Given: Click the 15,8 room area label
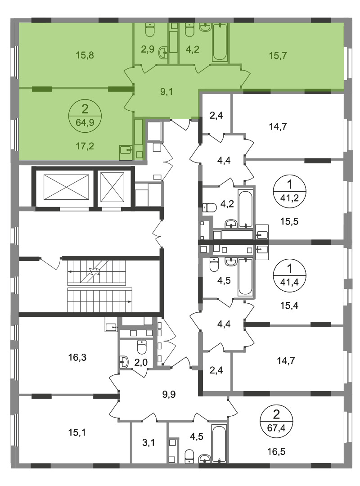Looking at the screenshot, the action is [x=85, y=55].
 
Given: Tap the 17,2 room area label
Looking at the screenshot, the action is [x=85, y=146].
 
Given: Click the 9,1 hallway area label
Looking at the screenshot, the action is [x=166, y=92].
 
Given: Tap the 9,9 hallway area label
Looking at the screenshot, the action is [x=169, y=394].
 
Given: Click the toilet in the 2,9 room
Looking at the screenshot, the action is [x=150, y=29].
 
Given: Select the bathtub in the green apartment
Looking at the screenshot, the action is [x=220, y=42].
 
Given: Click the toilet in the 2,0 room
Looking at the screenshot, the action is [x=141, y=347].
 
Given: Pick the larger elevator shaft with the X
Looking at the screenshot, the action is [x=66, y=187].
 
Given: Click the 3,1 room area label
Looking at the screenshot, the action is [x=148, y=443].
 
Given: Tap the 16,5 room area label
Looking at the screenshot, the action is [x=276, y=452].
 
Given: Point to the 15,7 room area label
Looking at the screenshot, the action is [x=278, y=56].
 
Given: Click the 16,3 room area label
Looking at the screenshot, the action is [x=77, y=358].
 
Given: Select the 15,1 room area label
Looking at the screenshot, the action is [x=77, y=432].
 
